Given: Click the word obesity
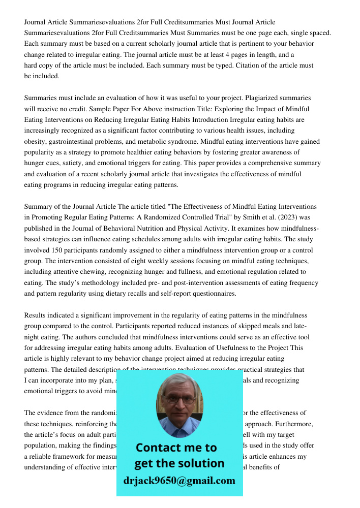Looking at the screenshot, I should [35, 141].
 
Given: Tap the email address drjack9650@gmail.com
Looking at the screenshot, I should [179, 481].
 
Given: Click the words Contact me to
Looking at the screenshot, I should [176, 448].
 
